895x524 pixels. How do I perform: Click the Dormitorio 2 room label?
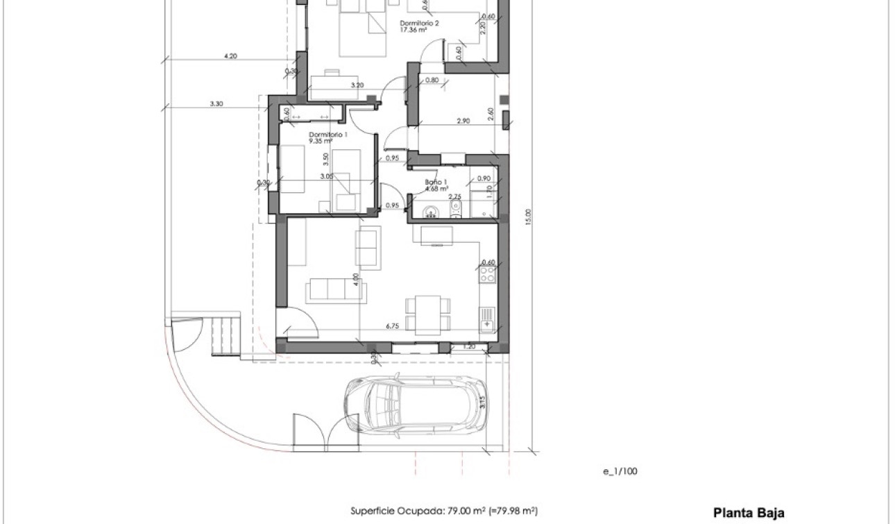click(x=418, y=23)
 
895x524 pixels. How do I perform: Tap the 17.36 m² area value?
click(x=413, y=30)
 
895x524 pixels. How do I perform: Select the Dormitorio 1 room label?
click(x=328, y=134)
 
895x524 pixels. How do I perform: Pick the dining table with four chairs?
click(x=427, y=313)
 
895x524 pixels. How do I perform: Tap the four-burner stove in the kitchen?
click(x=487, y=276)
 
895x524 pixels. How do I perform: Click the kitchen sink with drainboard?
click(x=487, y=319)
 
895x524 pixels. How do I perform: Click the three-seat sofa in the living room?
click(x=330, y=289)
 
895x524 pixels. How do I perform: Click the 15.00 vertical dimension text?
click(x=528, y=217)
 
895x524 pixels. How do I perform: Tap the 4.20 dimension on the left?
click(x=231, y=56)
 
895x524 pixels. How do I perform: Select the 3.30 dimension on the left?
click(x=216, y=103)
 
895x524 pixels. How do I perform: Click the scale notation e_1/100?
click(x=620, y=471)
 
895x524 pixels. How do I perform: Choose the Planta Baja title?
click(x=749, y=514)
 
